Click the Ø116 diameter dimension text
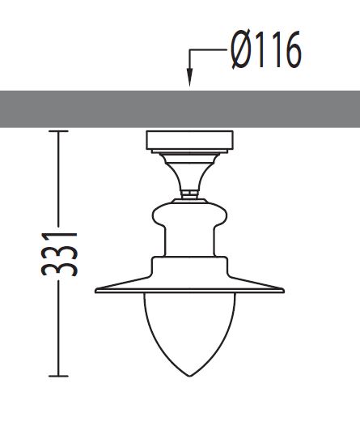coord(265,51)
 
